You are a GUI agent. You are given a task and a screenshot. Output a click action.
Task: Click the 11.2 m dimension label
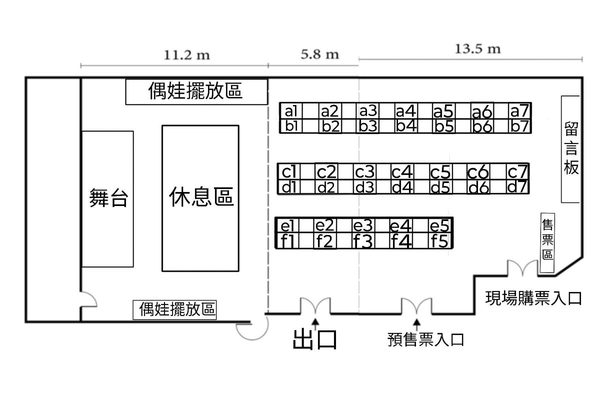pos(186,55)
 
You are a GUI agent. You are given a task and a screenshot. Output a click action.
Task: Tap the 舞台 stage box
pos(108,198)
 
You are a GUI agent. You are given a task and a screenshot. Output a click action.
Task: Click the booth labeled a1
pos(291,110)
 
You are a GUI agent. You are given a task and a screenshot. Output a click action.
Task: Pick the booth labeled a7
pos(519,110)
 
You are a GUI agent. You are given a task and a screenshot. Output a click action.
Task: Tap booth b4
pos(406,126)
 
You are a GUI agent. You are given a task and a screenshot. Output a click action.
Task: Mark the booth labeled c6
pos(478,172)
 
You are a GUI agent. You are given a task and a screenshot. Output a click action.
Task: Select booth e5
pos(441,225)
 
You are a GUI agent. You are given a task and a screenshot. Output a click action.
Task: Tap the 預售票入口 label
pos(425,340)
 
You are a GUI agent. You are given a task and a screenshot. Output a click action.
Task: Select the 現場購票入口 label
pos(534,298)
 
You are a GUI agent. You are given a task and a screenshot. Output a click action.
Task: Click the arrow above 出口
pos(315,322)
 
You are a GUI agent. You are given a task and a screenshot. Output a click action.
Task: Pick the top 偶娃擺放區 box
pos(195,91)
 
